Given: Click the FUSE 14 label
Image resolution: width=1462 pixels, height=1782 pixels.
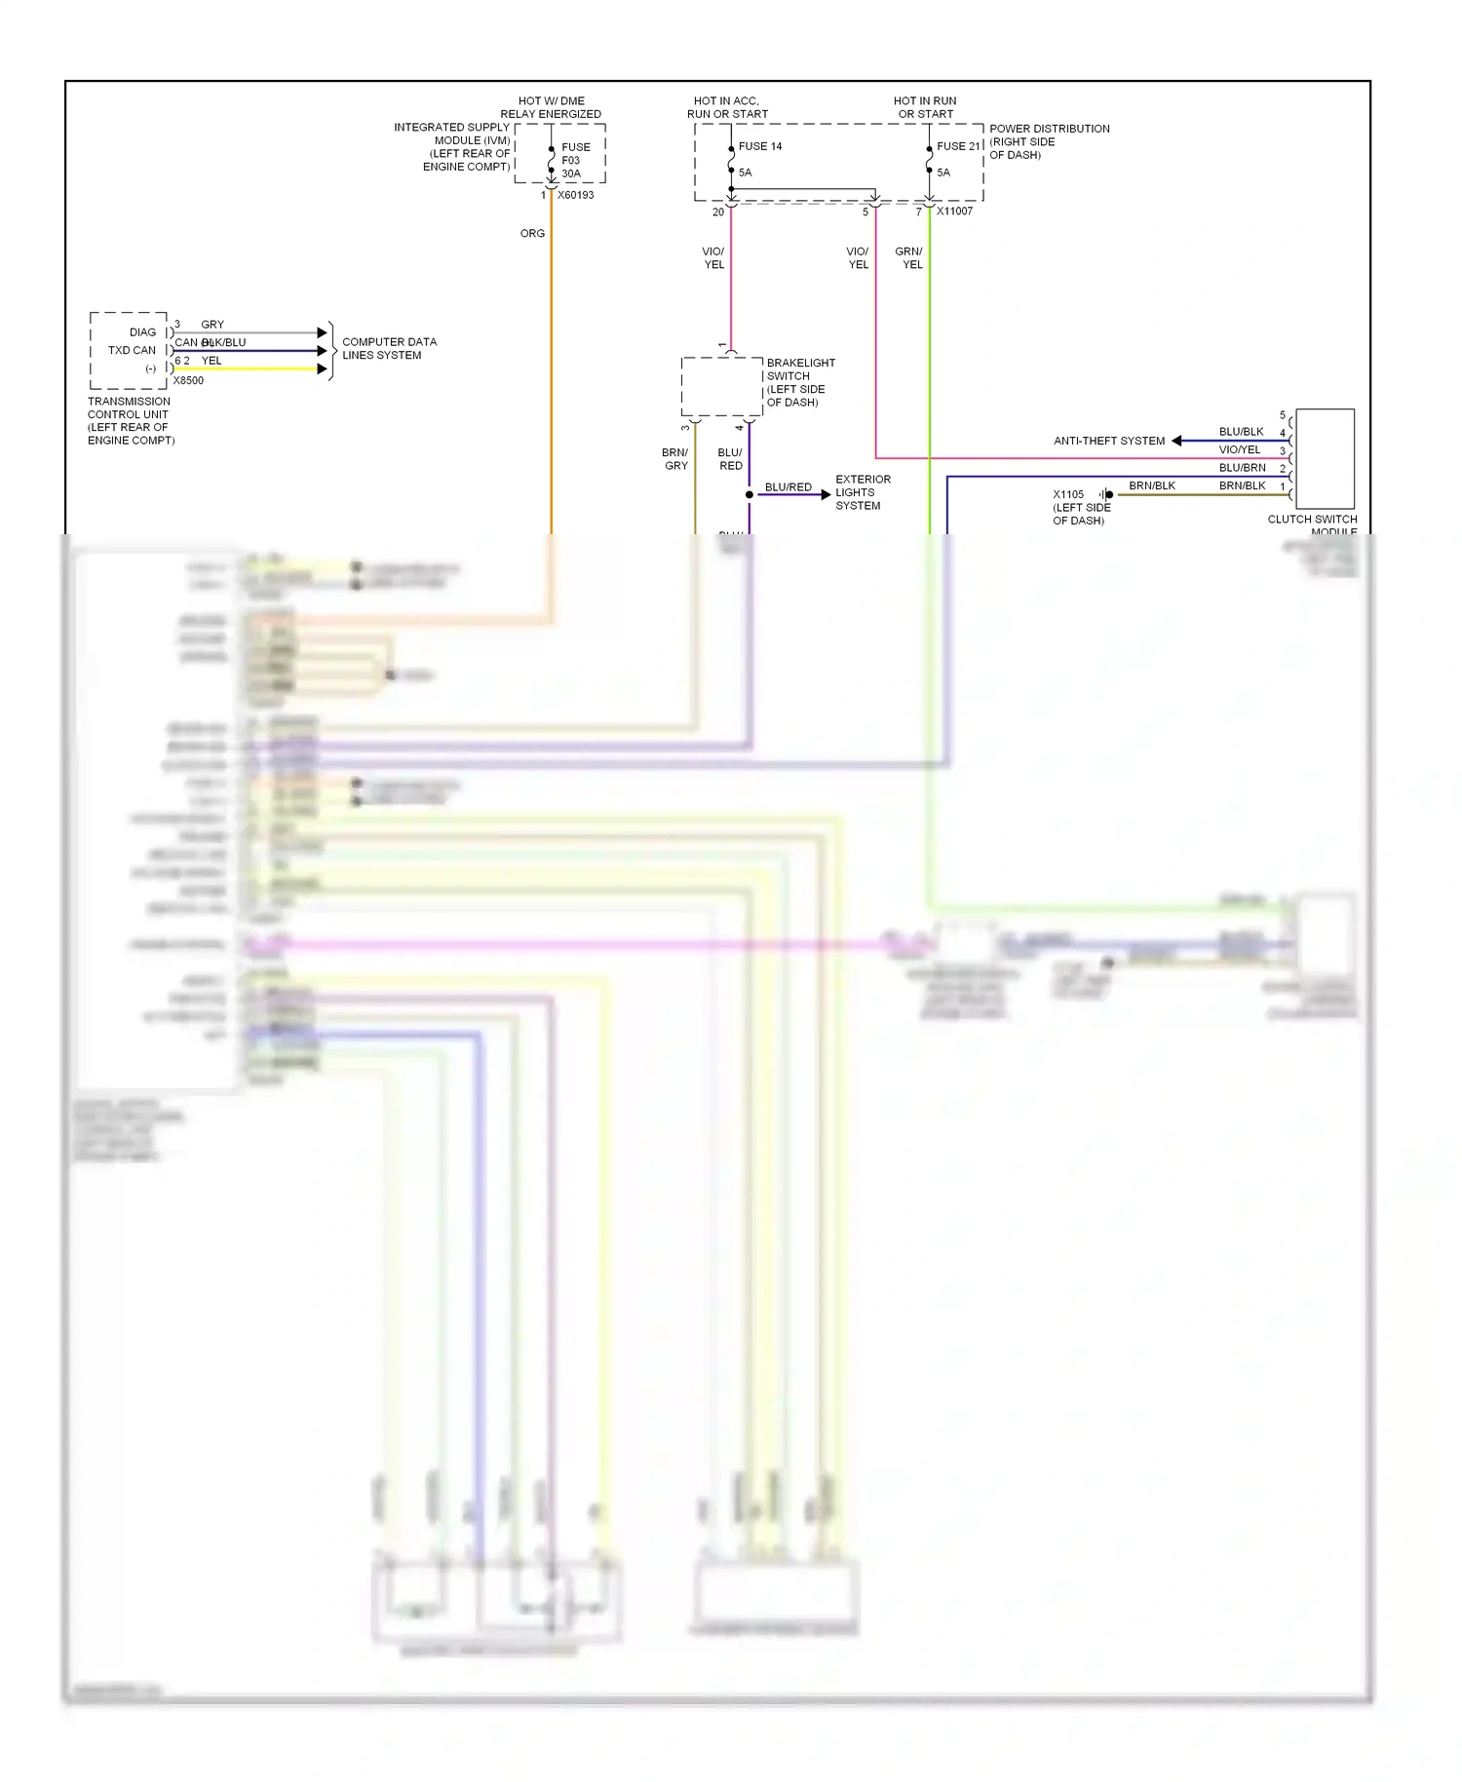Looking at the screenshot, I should (x=759, y=146).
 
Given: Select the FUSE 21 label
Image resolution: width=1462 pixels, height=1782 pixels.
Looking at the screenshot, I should (x=958, y=146).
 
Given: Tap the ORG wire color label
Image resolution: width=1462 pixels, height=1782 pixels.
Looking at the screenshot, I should (x=532, y=234).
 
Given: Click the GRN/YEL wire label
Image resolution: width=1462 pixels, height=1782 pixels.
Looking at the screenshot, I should (x=909, y=258).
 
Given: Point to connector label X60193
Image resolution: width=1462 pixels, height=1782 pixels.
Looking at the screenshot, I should (x=575, y=195).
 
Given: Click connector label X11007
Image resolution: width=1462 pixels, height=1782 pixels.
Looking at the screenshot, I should (x=954, y=211).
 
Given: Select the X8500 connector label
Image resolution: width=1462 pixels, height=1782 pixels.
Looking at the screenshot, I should (x=188, y=381).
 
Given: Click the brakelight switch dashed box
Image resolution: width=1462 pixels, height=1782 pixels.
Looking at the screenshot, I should (x=721, y=386).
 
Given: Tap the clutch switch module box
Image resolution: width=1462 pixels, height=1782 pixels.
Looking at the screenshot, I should (x=1325, y=458).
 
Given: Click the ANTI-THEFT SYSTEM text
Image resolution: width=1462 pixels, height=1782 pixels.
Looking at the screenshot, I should (x=1109, y=441).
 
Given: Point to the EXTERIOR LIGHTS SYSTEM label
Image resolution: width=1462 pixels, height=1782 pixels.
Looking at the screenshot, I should (x=862, y=492).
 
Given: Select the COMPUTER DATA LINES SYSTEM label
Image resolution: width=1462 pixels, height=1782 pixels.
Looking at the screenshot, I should (x=389, y=349).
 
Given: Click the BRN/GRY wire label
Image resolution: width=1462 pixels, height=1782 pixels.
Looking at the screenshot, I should (x=675, y=459).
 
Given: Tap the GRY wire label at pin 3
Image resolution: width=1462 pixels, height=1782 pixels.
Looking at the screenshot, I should (x=212, y=325).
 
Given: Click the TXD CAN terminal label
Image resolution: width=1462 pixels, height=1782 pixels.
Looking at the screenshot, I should (x=132, y=350).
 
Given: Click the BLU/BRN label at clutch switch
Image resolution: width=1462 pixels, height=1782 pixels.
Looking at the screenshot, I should (x=1242, y=468).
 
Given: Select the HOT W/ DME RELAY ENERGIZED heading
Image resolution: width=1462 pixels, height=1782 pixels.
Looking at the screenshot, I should (x=551, y=107).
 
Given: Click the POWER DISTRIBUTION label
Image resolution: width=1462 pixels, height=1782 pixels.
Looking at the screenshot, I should (x=1049, y=141).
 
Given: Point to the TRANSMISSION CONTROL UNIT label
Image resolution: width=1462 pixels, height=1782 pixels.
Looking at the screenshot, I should (x=131, y=421).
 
